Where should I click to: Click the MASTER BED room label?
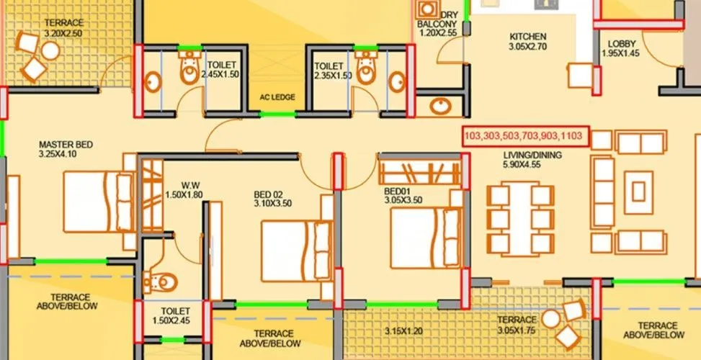pyautogui.click(x=66, y=144)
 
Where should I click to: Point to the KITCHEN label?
pyautogui.click(x=527, y=36)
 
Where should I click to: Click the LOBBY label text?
pyautogui.click(x=621, y=43)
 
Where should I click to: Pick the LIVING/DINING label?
pyautogui.click(x=532, y=154)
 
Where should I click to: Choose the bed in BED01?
pyautogui.click(x=421, y=235)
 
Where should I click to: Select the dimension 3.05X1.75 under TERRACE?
pyautogui.click(x=517, y=331)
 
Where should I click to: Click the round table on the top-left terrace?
pyautogui.click(x=50, y=50)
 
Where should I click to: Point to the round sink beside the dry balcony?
pyautogui.click(x=439, y=107)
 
